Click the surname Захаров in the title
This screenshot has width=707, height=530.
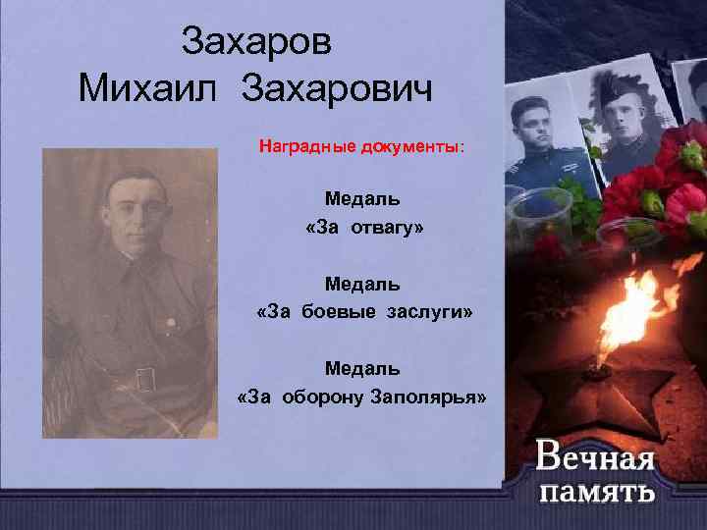257,42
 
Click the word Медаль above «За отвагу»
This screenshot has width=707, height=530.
362,199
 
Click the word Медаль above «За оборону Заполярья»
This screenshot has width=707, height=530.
362,369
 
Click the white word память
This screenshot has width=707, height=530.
596,491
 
